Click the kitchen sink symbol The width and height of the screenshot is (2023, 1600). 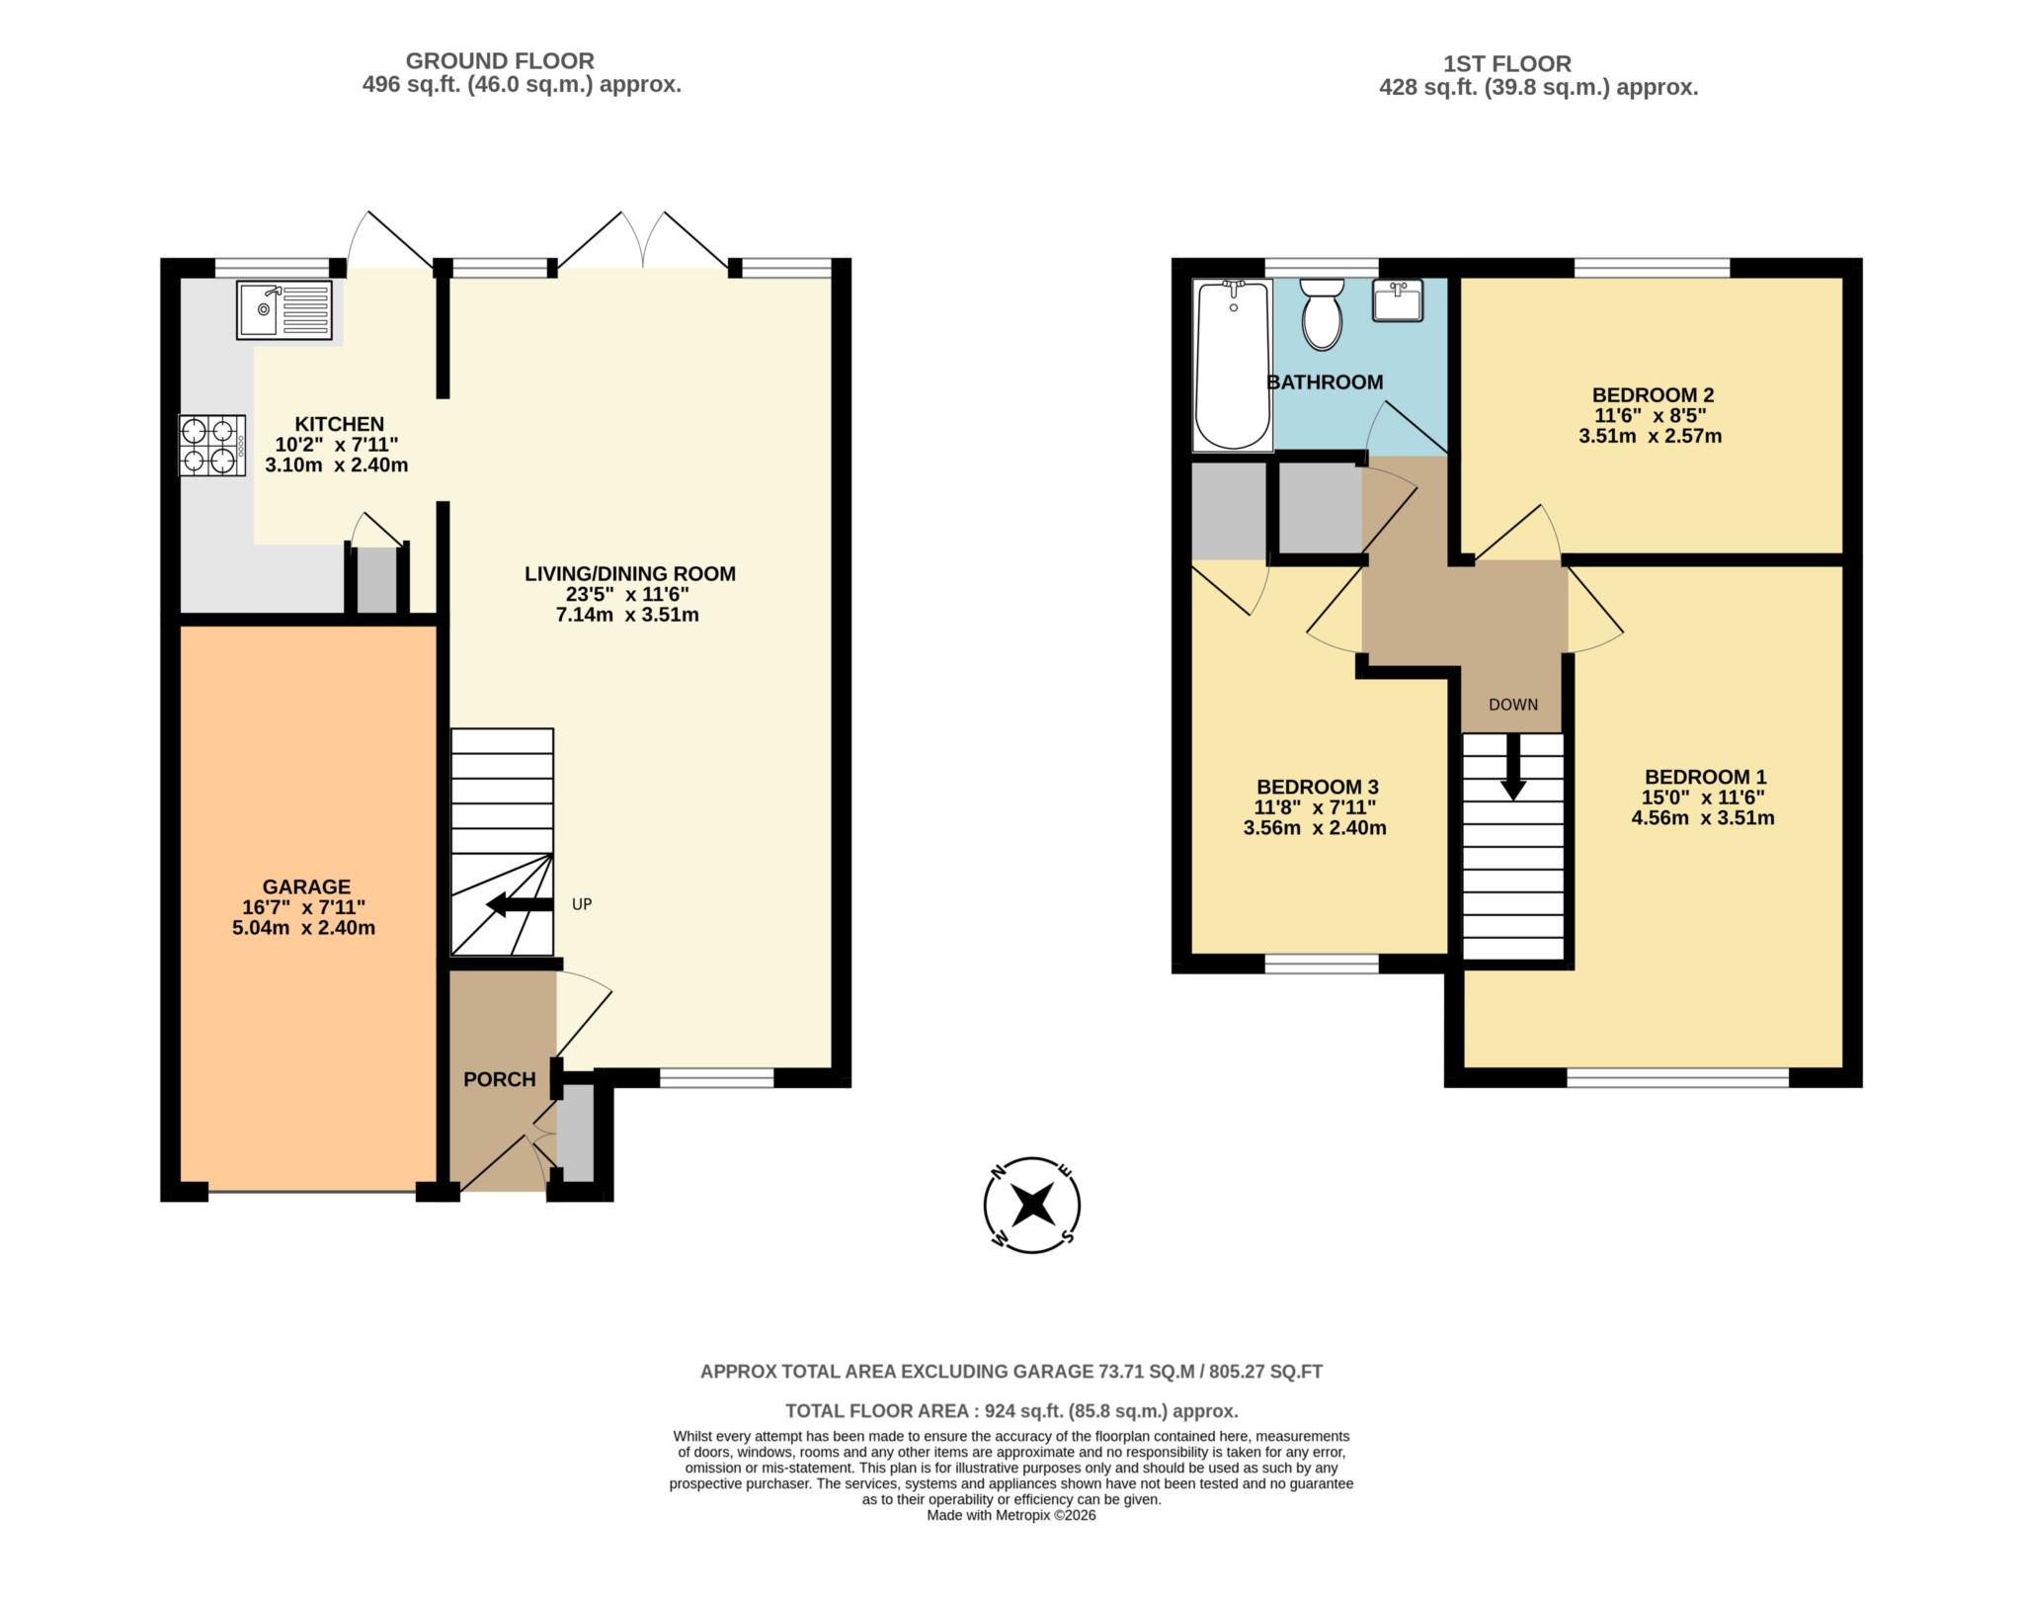(284, 309)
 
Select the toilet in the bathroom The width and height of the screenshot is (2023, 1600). (1322, 314)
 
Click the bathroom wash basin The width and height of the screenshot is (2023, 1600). (1397, 299)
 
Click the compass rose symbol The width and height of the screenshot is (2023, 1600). (1032, 1205)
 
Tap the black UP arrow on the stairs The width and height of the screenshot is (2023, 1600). (520, 904)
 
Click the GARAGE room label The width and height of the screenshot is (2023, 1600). (306, 886)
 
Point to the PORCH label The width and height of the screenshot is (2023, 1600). (500, 1079)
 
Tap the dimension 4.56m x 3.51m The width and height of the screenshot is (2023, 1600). (1703, 818)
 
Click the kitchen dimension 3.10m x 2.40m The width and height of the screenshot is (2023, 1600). (336, 465)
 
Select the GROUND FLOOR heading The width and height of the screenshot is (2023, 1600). (500, 61)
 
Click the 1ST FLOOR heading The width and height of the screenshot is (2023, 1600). (1506, 64)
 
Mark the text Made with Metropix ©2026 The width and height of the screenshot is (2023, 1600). (1011, 1543)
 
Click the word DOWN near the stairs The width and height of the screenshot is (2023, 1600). (1513, 705)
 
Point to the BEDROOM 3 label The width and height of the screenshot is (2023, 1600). (1317, 787)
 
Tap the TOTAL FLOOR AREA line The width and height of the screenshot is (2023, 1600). (1011, 1411)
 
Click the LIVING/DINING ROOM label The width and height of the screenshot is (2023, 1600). (629, 573)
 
